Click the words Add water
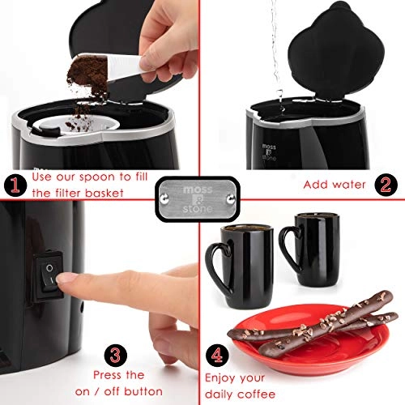point(332,184)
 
